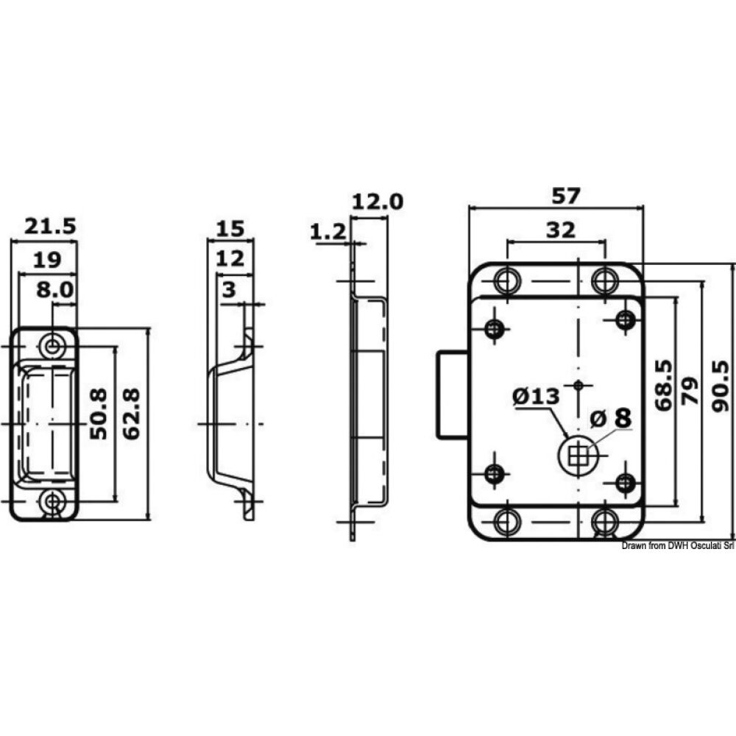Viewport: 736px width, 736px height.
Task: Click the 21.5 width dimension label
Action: (x=50, y=227)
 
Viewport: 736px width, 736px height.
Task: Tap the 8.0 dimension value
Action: (x=55, y=289)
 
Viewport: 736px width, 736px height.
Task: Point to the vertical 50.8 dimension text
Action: (x=99, y=414)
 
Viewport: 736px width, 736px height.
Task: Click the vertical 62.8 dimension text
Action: (x=132, y=414)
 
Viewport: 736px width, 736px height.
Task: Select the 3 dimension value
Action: (x=229, y=290)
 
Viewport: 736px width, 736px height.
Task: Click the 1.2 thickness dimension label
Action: (x=328, y=233)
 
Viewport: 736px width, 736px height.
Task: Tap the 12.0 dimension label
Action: (x=378, y=202)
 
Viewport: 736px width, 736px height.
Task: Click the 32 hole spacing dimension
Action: (x=561, y=230)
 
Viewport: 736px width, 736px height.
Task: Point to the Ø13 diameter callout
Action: (x=536, y=396)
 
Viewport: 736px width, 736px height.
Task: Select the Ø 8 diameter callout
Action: (x=611, y=418)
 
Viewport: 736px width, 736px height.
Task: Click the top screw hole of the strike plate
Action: (x=52, y=345)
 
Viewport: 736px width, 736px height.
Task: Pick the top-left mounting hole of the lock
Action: (x=506, y=280)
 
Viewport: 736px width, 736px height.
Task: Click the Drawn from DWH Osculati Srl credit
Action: (x=678, y=545)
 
